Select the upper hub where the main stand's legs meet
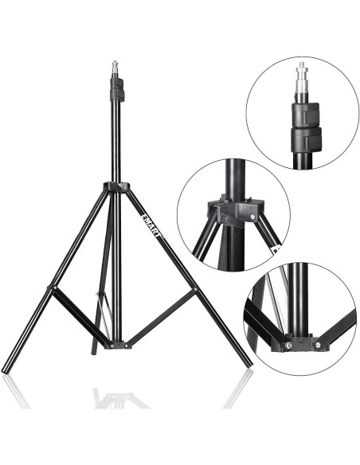[116, 188]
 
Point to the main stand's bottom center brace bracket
[116, 346]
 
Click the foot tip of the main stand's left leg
[6, 369]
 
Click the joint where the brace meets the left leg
[51, 287]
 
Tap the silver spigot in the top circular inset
[301, 75]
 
